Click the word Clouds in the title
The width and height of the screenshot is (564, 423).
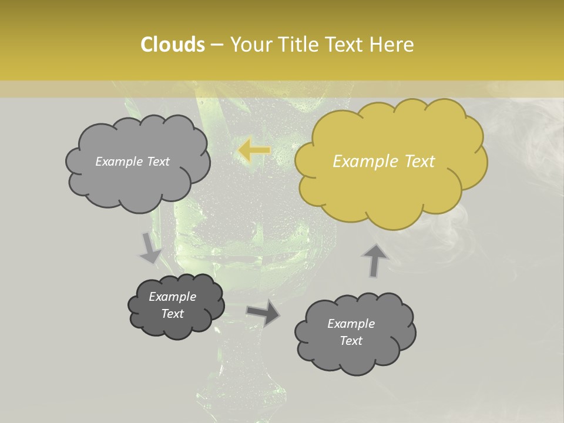tap(173, 45)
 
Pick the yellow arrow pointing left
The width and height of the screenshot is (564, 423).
tap(254, 150)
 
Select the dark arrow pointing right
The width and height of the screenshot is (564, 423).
tap(263, 313)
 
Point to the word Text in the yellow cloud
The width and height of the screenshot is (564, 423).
tap(419, 162)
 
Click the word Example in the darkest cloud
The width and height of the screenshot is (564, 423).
tap(172, 297)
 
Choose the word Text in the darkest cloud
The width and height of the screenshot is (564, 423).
tap(172, 314)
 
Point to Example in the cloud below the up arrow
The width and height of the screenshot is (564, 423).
tap(351, 324)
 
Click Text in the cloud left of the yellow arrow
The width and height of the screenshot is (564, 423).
tap(157, 162)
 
